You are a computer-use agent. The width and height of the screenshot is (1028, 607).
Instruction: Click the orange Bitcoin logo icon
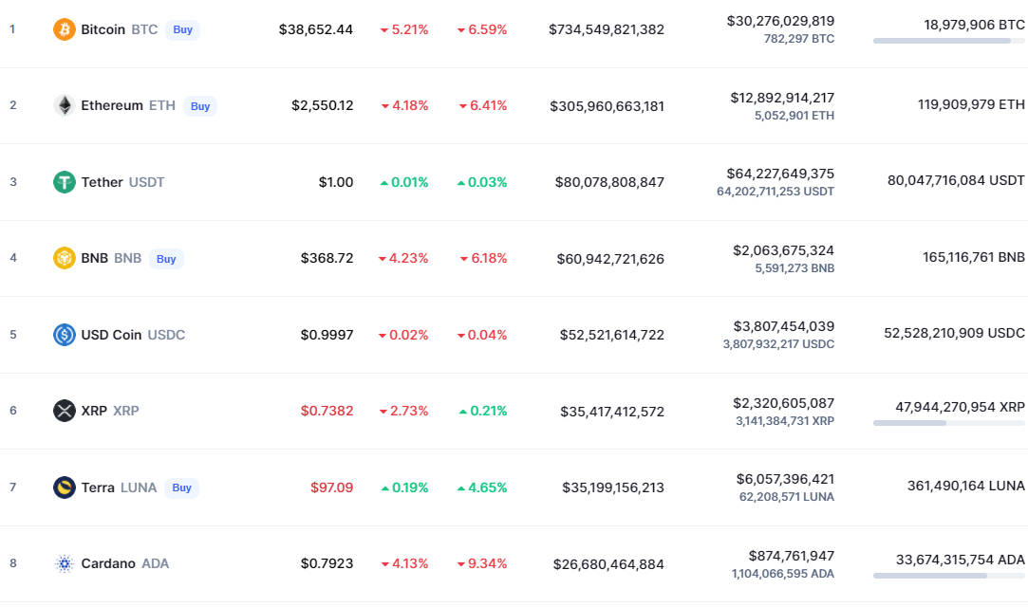pyautogui.click(x=65, y=29)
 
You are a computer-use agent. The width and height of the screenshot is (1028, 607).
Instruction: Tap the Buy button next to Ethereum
pyautogui.click(x=200, y=106)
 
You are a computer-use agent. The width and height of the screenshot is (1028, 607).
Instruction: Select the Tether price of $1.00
pyautogui.click(x=336, y=182)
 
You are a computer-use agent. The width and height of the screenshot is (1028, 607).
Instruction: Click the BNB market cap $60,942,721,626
pyautogui.click(x=609, y=259)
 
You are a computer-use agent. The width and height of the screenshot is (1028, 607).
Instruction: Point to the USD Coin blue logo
pyautogui.click(x=65, y=335)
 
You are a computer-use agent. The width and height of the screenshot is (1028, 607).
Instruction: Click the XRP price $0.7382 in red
pyautogui.click(x=327, y=411)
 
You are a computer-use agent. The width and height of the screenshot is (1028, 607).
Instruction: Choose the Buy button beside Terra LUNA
pyautogui.click(x=182, y=487)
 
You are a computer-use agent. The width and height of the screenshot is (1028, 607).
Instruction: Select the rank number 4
pyautogui.click(x=13, y=258)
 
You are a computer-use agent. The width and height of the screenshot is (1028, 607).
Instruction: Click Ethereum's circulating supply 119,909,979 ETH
pyautogui.click(x=971, y=105)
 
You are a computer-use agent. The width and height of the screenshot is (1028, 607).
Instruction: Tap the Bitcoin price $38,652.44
pyautogui.click(x=316, y=29)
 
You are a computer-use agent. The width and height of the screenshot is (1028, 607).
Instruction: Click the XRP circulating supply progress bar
pyautogui.click(x=948, y=423)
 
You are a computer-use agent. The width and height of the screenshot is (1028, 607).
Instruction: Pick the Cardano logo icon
pyautogui.click(x=65, y=563)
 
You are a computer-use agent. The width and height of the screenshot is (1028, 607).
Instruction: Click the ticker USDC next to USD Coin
pyautogui.click(x=166, y=335)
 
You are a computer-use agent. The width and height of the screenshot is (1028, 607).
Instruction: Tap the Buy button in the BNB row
pyautogui.click(x=166, y=258)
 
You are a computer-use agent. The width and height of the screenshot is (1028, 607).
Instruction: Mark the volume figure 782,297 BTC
pyautogui.click(x=799, y=39)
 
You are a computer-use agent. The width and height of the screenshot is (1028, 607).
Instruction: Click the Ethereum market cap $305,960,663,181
pyautogui.click(x=607, y=106)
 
